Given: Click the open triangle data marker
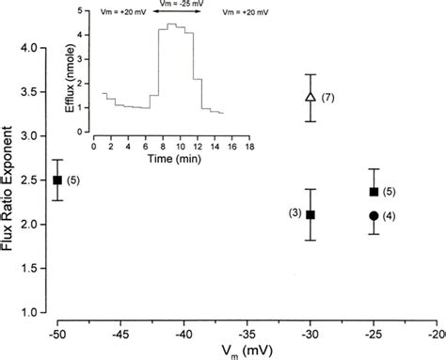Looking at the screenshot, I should (311, 97).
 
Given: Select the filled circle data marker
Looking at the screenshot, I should (374, 215).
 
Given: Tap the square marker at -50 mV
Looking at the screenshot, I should (57, 180).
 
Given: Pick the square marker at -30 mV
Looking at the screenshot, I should (311, 214).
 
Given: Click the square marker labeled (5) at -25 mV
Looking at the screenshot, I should (374, 192).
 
